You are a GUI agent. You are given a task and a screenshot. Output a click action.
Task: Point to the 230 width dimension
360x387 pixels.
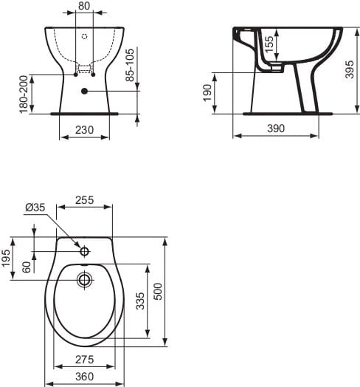(x=85, y=129)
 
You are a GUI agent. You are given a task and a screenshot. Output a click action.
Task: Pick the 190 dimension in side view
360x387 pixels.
(x=207, y=94)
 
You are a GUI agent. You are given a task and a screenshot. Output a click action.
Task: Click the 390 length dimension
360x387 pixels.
(x=275, y=129)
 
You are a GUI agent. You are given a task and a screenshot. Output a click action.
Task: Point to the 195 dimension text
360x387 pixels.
(x=7, y=258)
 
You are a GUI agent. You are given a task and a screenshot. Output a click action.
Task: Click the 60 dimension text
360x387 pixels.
(x=27, y=267)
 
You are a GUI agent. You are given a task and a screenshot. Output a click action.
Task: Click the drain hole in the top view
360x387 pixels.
(x=85, y=279)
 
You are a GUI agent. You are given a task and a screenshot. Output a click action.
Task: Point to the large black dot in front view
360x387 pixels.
(x=85, y=91)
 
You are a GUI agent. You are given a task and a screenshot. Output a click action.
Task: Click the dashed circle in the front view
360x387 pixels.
(x=84, y=35)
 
